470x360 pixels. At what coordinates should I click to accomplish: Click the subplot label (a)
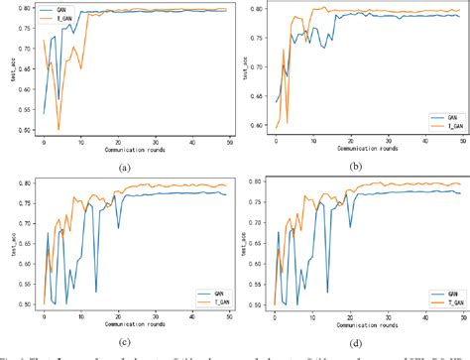click(123, 168)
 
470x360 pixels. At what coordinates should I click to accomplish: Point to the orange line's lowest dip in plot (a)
click(59, 129)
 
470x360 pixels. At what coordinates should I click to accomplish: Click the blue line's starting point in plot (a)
click(44, 112)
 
